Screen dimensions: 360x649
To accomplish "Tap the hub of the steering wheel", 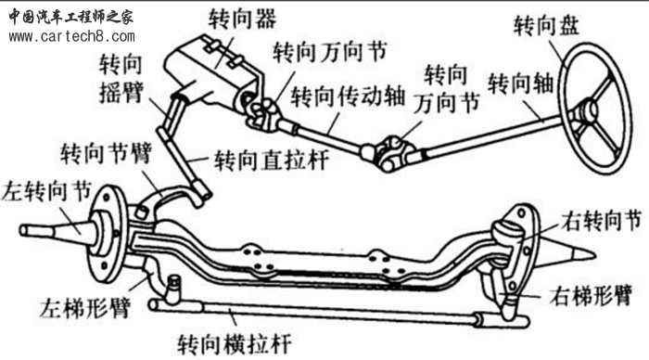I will coord(587,113).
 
